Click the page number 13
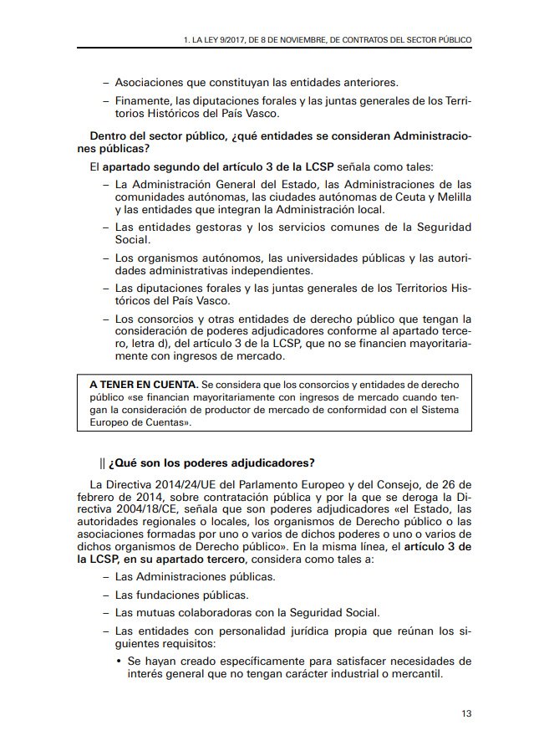coord(466,713)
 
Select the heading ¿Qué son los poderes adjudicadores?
coord(211,463)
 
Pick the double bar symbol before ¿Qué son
coord(102,463)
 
